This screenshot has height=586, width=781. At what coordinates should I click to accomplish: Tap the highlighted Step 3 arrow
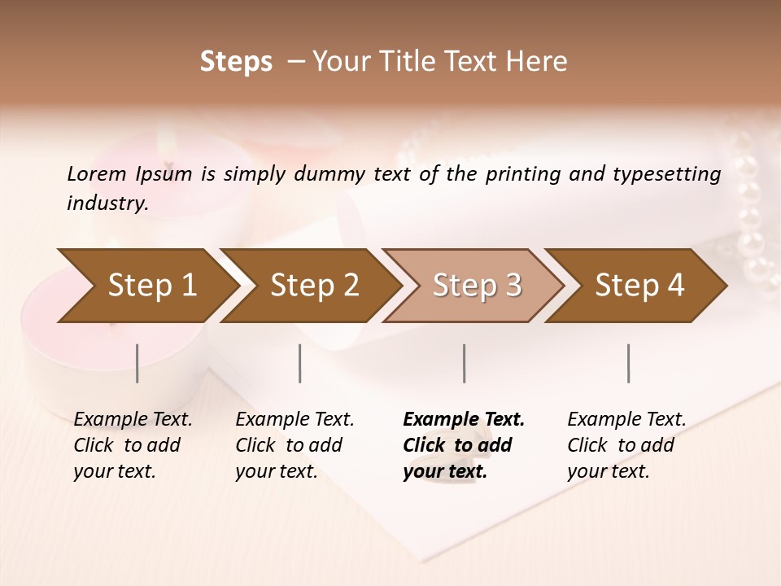(477, 286)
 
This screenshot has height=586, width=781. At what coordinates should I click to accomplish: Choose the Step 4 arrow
(639, 286)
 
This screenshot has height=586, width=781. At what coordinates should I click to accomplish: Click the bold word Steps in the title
(236, 62)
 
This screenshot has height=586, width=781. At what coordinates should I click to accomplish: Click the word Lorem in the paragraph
(97, 173)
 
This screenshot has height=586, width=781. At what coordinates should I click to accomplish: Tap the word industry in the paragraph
(107, 203)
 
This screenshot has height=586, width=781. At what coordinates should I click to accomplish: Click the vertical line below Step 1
(137, 363)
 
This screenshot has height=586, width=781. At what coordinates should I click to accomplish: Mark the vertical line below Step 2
(300, 363)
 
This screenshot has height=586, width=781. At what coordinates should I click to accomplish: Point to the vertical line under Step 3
(465, 363)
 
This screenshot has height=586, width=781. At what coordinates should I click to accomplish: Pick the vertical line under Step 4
(628, 363)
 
